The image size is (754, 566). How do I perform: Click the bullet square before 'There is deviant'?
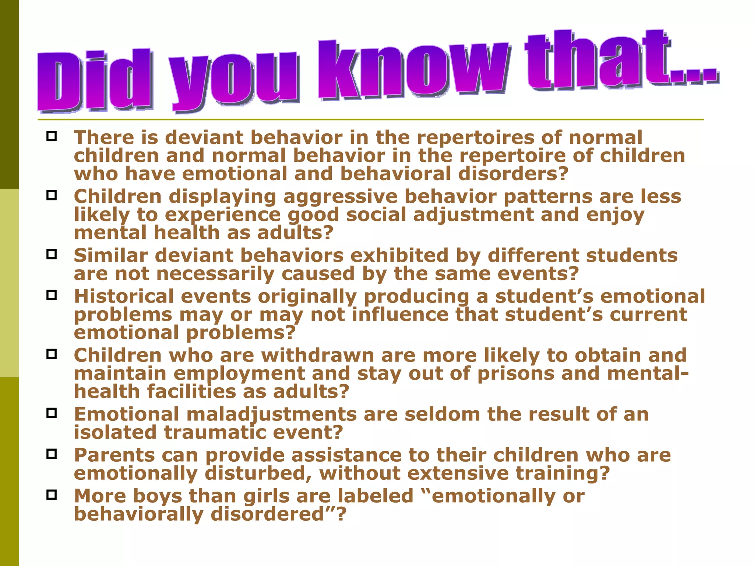coord(52,136)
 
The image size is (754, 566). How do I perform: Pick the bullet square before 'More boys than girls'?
coord(52,495)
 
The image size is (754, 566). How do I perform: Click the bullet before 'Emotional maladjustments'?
coord(52,413)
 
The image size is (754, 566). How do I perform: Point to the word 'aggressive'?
coord(340,197)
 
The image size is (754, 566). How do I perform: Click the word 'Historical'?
coord(124,296)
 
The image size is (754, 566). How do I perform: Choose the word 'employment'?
coord(239,374)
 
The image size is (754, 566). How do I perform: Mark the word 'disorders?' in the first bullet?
coord(513,174)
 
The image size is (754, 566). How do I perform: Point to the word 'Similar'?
coord(111,255)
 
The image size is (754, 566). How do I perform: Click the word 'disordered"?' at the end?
coord(278,514)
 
